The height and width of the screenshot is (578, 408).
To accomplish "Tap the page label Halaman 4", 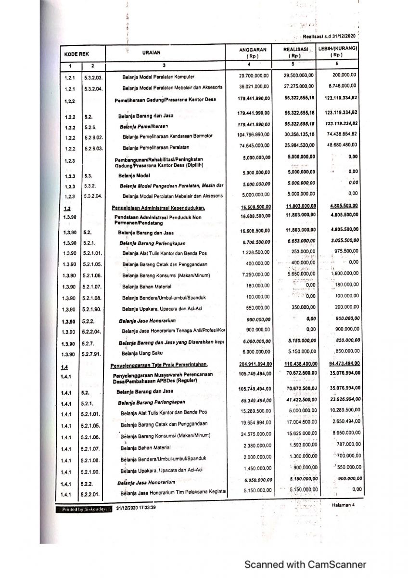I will click(343, 505).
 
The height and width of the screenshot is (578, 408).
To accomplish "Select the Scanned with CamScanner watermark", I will click(305, 565).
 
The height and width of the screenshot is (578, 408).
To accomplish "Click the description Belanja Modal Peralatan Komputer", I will click(158, 76).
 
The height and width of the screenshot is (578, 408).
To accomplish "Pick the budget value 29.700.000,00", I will click(255, 76).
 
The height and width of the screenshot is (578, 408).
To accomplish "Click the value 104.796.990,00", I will click(254, 136).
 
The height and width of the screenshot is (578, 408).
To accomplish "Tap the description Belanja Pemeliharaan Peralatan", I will click(156, 147).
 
